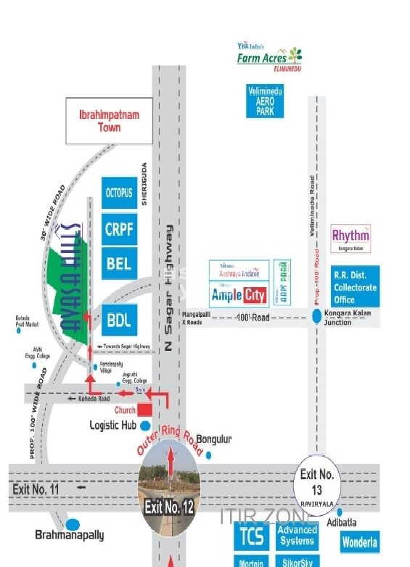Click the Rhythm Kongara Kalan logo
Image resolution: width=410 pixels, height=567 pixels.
350,238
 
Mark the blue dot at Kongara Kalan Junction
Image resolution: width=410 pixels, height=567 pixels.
317,315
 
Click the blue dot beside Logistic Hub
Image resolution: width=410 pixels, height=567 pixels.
145,426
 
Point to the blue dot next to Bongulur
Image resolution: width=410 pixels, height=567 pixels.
209,455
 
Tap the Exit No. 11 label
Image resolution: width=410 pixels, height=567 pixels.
35,489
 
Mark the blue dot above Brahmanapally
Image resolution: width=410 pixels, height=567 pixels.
73,523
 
